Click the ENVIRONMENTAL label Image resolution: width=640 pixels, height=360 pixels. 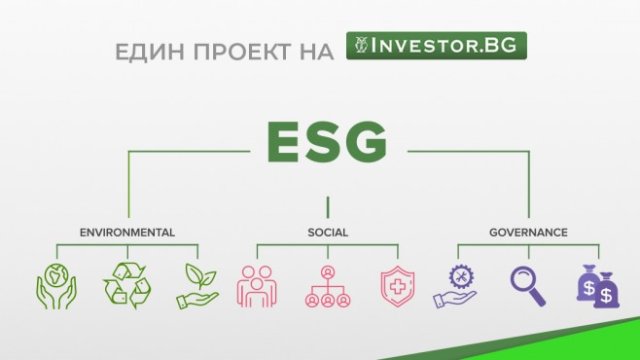coord(127,232)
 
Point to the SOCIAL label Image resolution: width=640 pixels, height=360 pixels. coord(327,232)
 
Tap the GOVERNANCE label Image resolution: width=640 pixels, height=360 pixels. coord(528,232)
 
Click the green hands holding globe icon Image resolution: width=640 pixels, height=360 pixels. coord(56,286)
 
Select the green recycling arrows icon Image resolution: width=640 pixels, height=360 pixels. coord(126,286)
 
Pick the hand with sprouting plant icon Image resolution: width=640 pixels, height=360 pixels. coord(197,286)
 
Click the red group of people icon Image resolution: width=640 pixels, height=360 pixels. coord(257,286)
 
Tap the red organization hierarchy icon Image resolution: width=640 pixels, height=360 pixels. coord(327,286)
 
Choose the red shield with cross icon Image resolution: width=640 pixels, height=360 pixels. coord(397,286)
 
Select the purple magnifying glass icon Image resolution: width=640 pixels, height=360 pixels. coord(528,286)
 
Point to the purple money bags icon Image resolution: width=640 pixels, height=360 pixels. coord(597,286)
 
